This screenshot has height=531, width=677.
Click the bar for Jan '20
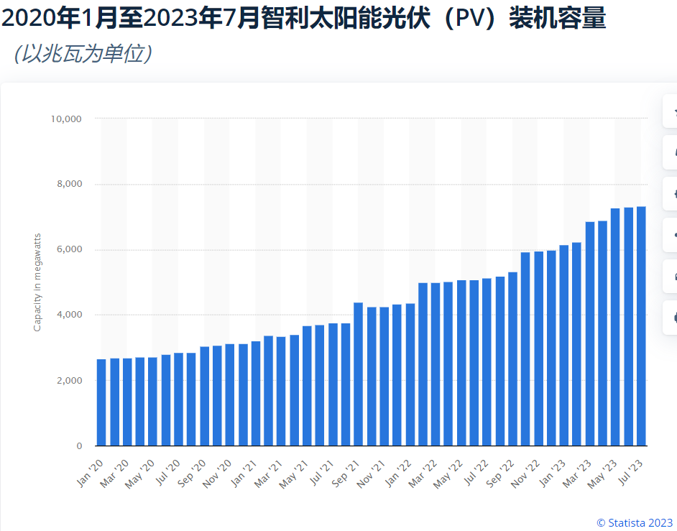tap(102, 402)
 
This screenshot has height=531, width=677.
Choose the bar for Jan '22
tap(410, 374)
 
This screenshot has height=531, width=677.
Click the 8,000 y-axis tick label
tap(69, 184)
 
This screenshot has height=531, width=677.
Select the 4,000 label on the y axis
tap(69, 315)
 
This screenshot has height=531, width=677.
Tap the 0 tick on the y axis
tap(79, 446)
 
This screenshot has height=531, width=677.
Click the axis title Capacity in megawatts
tap(37, 282)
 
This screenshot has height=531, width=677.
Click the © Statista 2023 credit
tap(634, 522)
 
